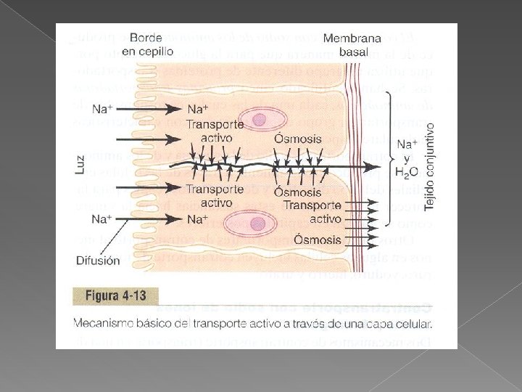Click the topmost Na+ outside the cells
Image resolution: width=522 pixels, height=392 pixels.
click(x=103, y=109)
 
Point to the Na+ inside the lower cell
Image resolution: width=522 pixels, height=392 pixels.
click(x=197, y=219)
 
